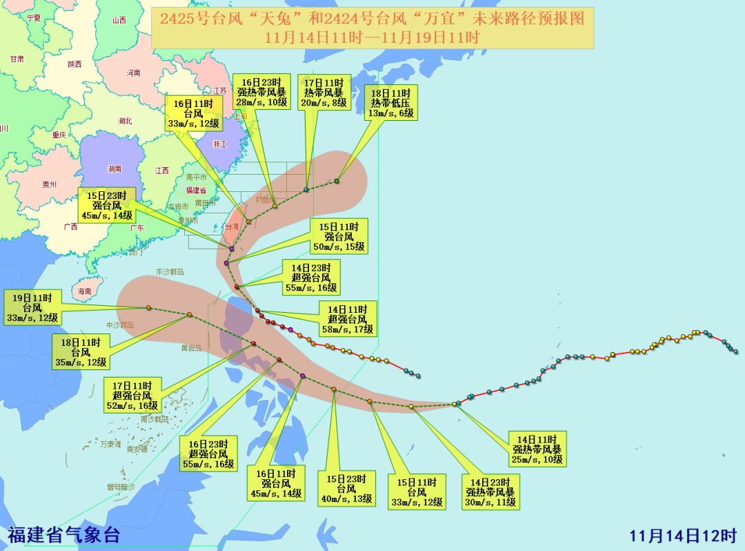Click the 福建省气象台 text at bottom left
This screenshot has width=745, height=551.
(x=64, y=534)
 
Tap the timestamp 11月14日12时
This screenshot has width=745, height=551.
(x=684, y=536)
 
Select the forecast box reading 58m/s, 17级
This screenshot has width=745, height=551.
(x=347, y=319)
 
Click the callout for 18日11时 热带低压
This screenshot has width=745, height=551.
(x=391, y=103)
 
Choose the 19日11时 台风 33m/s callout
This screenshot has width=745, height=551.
(x=32, y=308)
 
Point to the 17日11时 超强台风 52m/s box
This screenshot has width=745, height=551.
(x=132, y=396)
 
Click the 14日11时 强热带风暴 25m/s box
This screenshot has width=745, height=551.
(x=537, y=448)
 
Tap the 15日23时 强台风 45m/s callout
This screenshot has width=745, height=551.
(x=106, y=206)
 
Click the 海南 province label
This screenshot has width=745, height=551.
(x=84, y=291)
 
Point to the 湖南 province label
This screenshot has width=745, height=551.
(x=115, y=168)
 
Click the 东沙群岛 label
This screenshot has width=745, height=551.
(x=170, y=272)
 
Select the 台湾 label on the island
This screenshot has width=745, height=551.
(x=233, y=226)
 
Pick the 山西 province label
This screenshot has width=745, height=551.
(x=119, y=20)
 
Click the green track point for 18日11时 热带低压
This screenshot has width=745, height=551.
(x=337, y=181)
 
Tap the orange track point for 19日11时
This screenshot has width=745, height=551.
(x=148, y=308)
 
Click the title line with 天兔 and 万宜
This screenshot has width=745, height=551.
(x=372, y=19)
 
